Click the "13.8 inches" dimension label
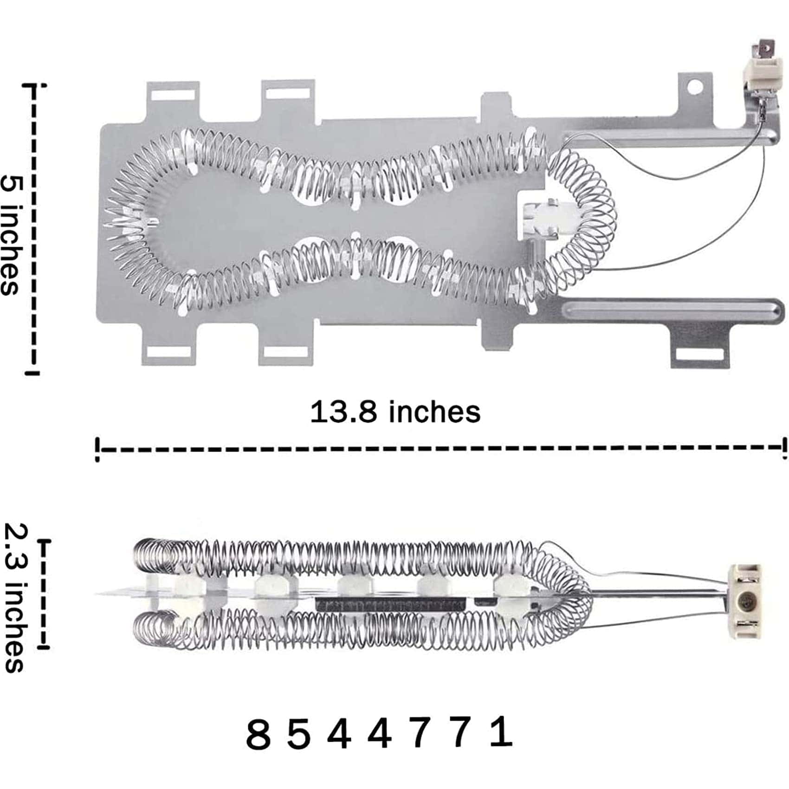coord(395,412)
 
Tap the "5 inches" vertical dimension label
coord(10,234)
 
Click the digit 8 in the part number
coord(258,735)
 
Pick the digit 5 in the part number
coord(298,735)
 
